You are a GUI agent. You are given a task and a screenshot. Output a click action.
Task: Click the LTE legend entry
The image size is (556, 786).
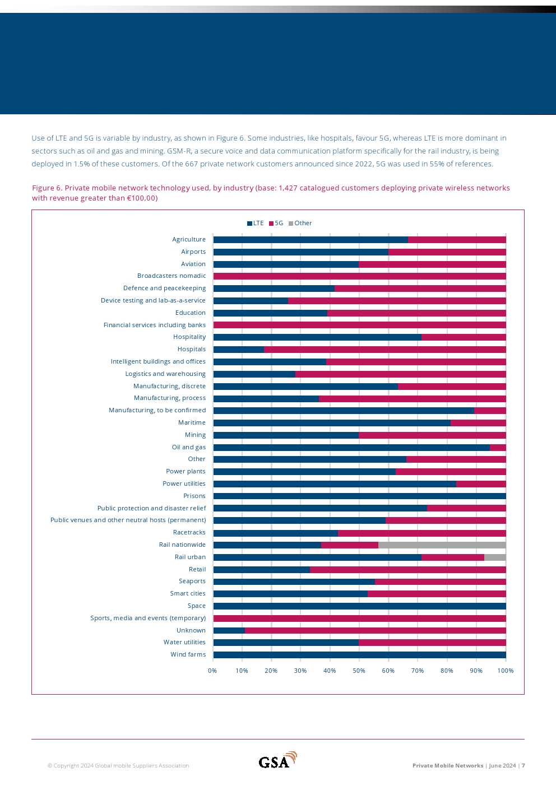256,223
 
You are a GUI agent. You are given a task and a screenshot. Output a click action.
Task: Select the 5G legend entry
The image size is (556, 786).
276,223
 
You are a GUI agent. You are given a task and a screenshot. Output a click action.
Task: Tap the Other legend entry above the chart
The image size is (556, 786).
300,223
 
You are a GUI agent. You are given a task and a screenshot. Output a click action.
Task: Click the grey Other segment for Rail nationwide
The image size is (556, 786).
442,545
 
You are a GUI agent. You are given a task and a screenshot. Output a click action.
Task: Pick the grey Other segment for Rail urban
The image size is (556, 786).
495,557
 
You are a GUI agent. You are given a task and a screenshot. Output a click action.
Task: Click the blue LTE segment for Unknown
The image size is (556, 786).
229,630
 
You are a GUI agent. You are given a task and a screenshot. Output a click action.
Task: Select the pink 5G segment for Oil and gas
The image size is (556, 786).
498,448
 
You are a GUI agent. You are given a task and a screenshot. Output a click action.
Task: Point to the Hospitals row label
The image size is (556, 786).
192,350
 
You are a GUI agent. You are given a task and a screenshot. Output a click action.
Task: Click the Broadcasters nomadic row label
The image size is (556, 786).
172,276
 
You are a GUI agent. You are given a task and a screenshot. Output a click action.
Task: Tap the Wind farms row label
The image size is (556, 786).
188,655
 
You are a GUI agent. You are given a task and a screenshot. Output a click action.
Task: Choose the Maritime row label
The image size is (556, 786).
192,423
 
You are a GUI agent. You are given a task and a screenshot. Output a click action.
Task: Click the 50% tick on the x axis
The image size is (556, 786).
359,671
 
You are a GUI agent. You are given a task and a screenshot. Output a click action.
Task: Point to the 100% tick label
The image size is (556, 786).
506,671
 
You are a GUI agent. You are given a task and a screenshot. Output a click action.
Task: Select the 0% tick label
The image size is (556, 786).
212,671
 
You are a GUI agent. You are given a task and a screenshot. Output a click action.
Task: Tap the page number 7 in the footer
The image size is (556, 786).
523,766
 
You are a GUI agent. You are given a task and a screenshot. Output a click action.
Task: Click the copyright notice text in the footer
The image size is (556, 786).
118,766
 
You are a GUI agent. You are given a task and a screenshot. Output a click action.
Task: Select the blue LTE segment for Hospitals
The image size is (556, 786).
239,350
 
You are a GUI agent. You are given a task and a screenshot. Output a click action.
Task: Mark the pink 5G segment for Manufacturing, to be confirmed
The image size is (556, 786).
490,411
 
